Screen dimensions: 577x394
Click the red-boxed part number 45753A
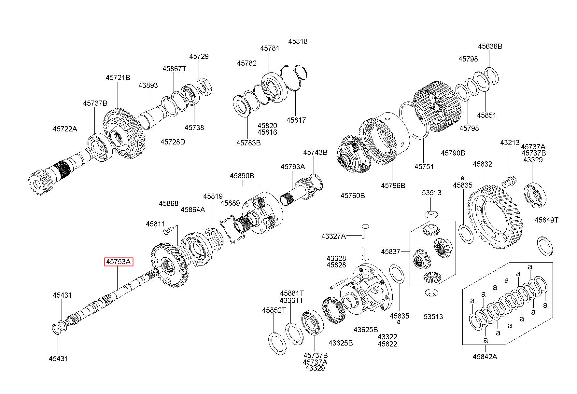119,262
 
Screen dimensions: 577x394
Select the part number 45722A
65,129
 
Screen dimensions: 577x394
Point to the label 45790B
453,153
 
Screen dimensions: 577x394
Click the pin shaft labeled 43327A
365,240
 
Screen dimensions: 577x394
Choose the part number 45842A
485,356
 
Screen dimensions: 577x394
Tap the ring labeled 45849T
544,246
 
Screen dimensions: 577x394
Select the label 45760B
353,196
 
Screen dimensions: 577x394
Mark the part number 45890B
242,176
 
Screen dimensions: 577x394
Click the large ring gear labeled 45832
495,216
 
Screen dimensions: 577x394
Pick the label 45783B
248,143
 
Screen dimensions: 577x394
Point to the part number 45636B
490,46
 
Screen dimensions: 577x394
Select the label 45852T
274,310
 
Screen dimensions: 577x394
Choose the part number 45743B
315,152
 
